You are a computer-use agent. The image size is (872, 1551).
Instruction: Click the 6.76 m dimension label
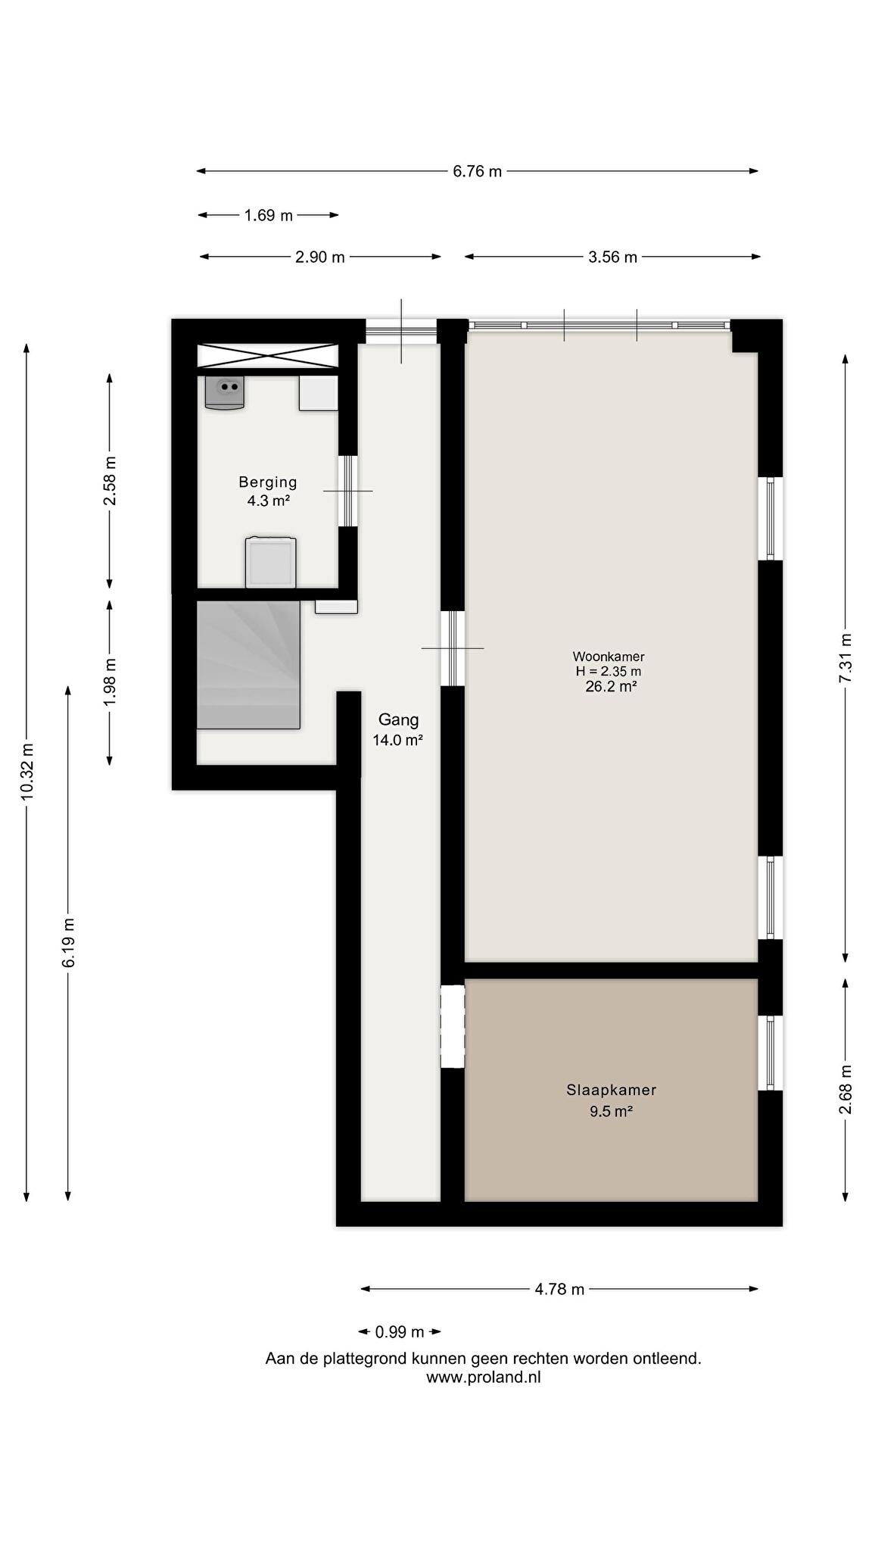[477, 171]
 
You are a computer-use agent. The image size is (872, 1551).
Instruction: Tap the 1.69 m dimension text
[268, 216]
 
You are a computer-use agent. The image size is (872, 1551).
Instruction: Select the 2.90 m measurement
[319, 257]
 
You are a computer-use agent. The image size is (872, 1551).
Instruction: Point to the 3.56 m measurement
[612, 257]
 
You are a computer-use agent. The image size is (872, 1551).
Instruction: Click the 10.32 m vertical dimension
[27, 771]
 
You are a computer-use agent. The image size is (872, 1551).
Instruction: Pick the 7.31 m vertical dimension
[846, 658]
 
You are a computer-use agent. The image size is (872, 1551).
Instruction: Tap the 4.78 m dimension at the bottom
[559, 1289]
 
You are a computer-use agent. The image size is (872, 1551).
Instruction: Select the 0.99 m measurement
[399, 1331]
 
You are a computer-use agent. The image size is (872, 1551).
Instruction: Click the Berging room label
[268, 482]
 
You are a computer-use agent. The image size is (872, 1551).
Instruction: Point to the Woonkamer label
[609, 657]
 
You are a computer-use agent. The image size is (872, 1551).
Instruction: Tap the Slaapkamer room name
[611, 1090]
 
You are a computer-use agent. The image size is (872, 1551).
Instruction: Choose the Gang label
[398, 719]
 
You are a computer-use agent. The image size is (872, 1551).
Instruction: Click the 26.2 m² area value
[611, 687]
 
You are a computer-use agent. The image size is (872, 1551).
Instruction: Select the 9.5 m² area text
[611, 1112]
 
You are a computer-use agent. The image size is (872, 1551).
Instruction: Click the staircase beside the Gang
[248, 665]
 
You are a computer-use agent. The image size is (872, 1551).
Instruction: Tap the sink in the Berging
[225, 392]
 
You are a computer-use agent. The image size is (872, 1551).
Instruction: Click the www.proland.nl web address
[483, 1378]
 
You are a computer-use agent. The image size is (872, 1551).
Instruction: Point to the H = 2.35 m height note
[609, 671]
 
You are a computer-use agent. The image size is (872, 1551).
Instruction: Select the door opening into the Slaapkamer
[453, 1026]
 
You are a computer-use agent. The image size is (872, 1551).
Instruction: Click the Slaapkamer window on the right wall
[771, 1053]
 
